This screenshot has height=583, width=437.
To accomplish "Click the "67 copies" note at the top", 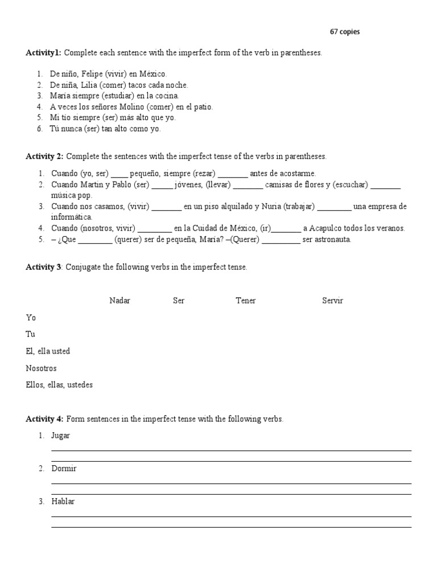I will pyautogui.click(x=345, y=32).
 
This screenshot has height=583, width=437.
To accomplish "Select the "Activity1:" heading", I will pyautogui.click(x=43, y=53).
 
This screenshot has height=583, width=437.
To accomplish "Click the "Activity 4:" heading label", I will pyautogui.click(x=44, y=419).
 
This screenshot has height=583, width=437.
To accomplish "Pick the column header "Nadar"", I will pyautogui.click(x=119, y=301).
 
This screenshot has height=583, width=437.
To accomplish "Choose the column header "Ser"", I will pyautogui.click(x=179, y=301).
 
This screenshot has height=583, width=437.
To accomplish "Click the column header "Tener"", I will pyautogui.click(x=246, y=301).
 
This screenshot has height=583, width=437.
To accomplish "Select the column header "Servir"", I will pyautogui.click(x=332, y=301).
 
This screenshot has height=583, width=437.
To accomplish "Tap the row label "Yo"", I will pyautogui.click(x=31, y=318).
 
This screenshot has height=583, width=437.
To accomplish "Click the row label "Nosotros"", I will pyautogui.click(x=41, y=368).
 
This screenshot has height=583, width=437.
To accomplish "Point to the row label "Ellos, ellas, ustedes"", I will pyautogui.click(x=59, y=385).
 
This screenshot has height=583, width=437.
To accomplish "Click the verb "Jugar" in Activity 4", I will pyautogui.click(x=61, y=436).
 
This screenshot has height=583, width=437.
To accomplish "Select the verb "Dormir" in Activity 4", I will pyautogui.click(x=64, y=469).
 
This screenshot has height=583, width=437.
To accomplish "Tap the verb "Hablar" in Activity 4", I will pyautogui.click(x=63, y=502).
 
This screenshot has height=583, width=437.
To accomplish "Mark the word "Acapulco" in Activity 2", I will pyautogui.click(x=325, y=228).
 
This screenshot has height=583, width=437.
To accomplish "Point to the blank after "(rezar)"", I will pyautogui.click(x=233, y=174).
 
